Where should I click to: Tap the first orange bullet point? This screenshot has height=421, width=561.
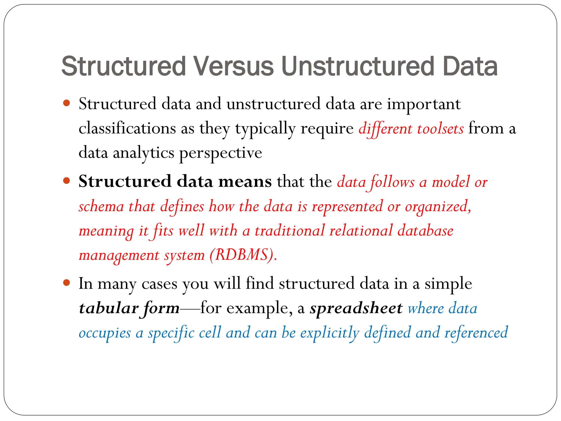click(66, 103)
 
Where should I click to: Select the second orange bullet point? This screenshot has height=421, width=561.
click(66, 181)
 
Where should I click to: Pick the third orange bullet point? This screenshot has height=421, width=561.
click(66, 283)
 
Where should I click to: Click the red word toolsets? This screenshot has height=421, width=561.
click(440, 129)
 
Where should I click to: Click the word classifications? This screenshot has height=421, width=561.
click(127, 128)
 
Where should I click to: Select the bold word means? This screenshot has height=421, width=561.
click(245, 182)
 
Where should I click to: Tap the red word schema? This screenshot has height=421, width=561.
click(101, 207)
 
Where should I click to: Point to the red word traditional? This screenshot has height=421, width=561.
click(290, 231)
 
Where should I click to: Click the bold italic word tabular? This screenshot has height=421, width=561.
click(108, 308)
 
